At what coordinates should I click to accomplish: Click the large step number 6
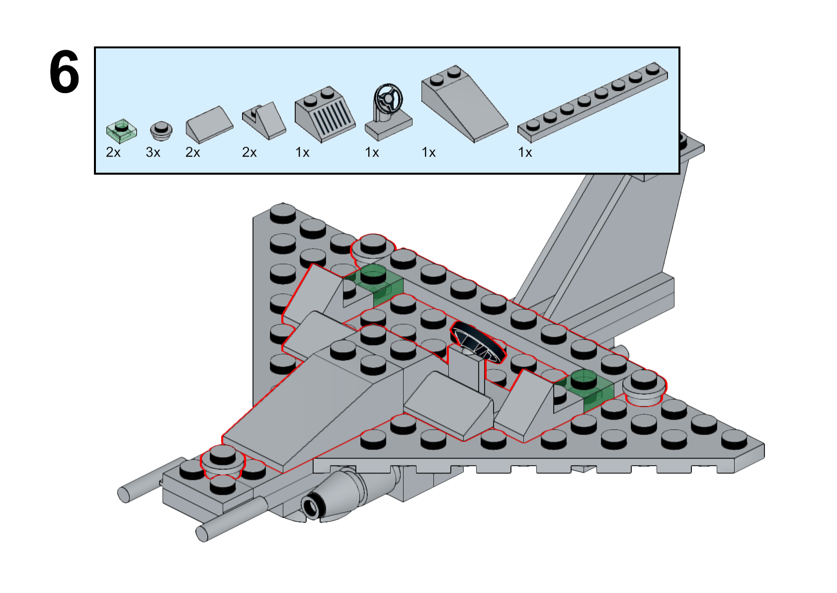(64, 73)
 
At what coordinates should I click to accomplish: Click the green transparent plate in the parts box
(121, 130)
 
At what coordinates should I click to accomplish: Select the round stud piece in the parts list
(161, 130)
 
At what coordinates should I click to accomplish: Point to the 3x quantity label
(153, 152)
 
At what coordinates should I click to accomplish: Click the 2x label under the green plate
(113, 152)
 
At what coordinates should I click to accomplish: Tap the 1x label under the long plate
(525, 152)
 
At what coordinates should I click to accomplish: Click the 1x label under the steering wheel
(372, 152)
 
